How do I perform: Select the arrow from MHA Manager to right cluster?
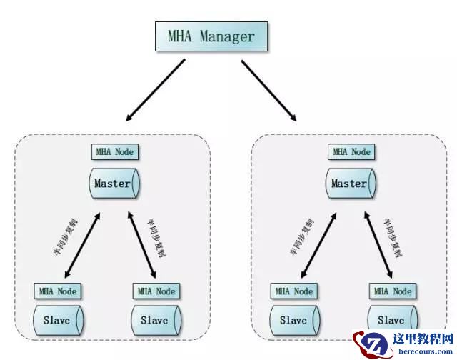coord(269,91)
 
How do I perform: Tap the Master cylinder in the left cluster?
coord(114,184)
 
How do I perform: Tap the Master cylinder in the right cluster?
coord(350,184)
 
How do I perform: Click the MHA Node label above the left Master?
coord(114,152)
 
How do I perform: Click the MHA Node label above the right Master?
coord(351,152)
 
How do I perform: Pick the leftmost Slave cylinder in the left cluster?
coord(56,321)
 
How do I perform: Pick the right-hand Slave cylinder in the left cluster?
coord(155,321)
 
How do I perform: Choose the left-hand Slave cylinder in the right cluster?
coord(293,321)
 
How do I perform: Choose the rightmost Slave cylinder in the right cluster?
coord(391,321)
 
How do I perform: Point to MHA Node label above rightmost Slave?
coord(392,291)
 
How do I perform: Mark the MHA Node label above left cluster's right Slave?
coord(156,291)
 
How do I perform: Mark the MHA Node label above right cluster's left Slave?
coord(293,291)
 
